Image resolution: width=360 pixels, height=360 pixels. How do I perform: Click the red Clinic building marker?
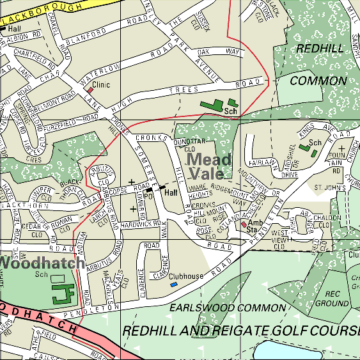click(x=90, y=90)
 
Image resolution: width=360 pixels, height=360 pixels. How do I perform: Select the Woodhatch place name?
click(x=41, y=263)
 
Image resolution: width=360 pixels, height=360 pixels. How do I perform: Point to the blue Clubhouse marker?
click(x=173, y=284)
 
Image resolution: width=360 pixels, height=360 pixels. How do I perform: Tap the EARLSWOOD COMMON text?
click(x=227, y=308)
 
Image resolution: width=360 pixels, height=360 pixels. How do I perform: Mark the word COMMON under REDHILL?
click(x=318, y=81)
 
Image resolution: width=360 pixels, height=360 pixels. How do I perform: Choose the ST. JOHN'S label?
click(x=330, y=188)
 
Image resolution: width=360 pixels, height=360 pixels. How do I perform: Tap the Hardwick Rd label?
click(x=134, y=224)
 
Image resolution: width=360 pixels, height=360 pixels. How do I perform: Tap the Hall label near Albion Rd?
click(x=15, y=29)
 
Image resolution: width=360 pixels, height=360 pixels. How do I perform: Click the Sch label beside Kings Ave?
click(x=314, y=143)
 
